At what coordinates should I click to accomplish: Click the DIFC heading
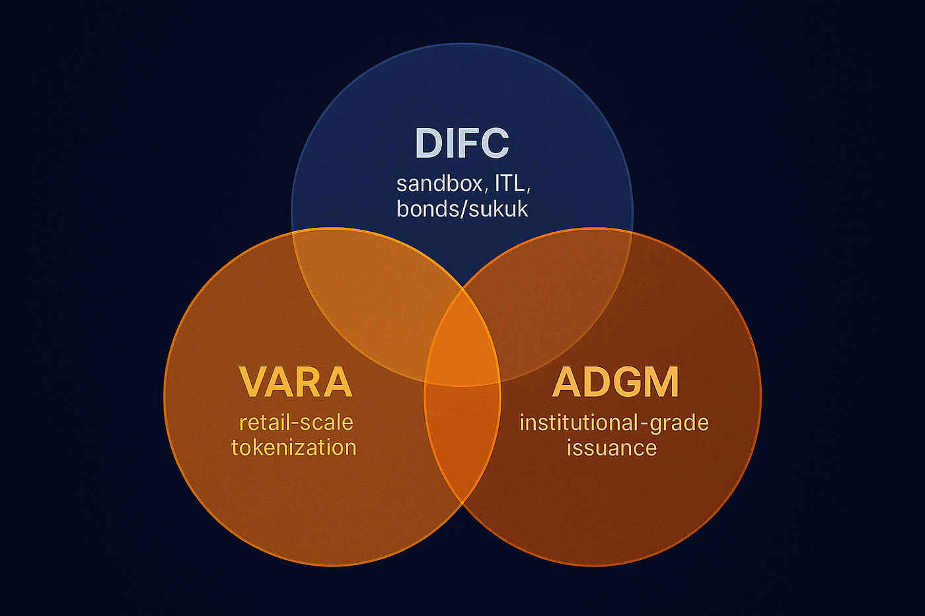tap(462, 143)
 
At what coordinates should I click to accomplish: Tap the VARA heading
tap(295, 382)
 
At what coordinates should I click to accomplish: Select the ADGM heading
tap(615, 382)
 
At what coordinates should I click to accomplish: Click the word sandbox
tap(439, 183)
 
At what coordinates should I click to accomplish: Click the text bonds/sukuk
tap(462, 209)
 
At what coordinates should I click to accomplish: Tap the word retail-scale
tap(296, 423)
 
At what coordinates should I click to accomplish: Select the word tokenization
tap(294, 448)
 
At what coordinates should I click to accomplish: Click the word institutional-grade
tap(614, 423)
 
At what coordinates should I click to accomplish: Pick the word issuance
tap(612, 448)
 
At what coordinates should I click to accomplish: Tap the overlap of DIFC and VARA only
tap(370, 284)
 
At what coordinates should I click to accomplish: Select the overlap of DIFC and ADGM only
tap(555, 284)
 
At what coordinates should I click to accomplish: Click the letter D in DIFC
tap(428, 143)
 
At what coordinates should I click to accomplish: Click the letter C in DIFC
tap(494, 143)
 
